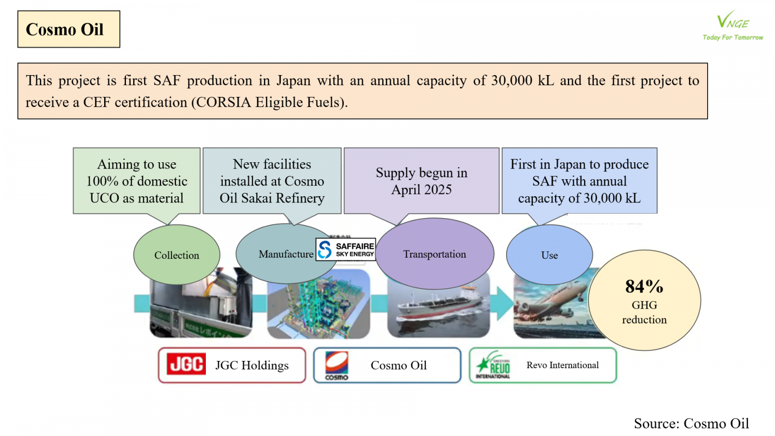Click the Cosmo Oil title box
tap(68, 29)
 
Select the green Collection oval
tap(176, 255)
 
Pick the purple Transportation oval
tap(434, 254)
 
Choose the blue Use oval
tap(549, 255)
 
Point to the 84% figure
tap(644, 286)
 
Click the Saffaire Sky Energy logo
tap(346, 249)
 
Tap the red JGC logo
tap(186, 364)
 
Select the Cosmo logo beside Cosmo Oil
tap(337, 365)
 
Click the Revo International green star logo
tap(493, 365)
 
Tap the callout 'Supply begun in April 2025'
tap(421, 181)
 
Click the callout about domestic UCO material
tap(137, 181)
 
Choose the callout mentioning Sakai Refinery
tap(272, 181)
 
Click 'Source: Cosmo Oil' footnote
tap(691, 423)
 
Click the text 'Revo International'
tap(562, 365)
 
